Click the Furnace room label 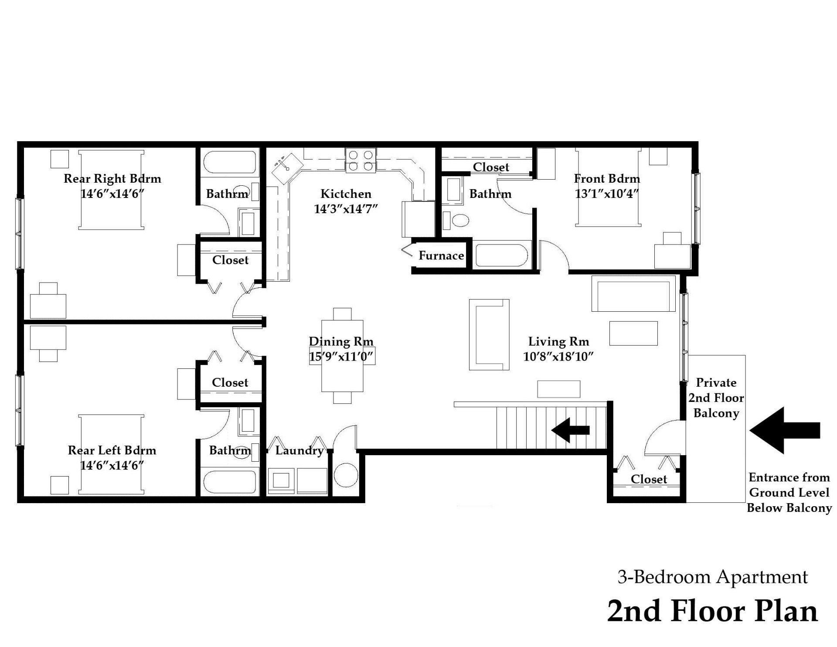(x=441, y=256)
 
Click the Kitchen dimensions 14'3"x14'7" (x=346, y=209)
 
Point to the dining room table (x=342, y=355)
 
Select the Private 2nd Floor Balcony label (x=716, y=398)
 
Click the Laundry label (x=299, y=450)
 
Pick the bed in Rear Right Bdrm (x=111, y=190)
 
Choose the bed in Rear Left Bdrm (x=111, y=454)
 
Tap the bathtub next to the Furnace (x=502, y=255)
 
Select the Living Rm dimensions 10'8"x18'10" (x=558, y=357)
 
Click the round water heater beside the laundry (x=346, y=476)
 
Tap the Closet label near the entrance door (x=649, y=479)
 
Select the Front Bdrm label (x=606, y=179)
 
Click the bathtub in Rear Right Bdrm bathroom (x=230, y=162)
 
